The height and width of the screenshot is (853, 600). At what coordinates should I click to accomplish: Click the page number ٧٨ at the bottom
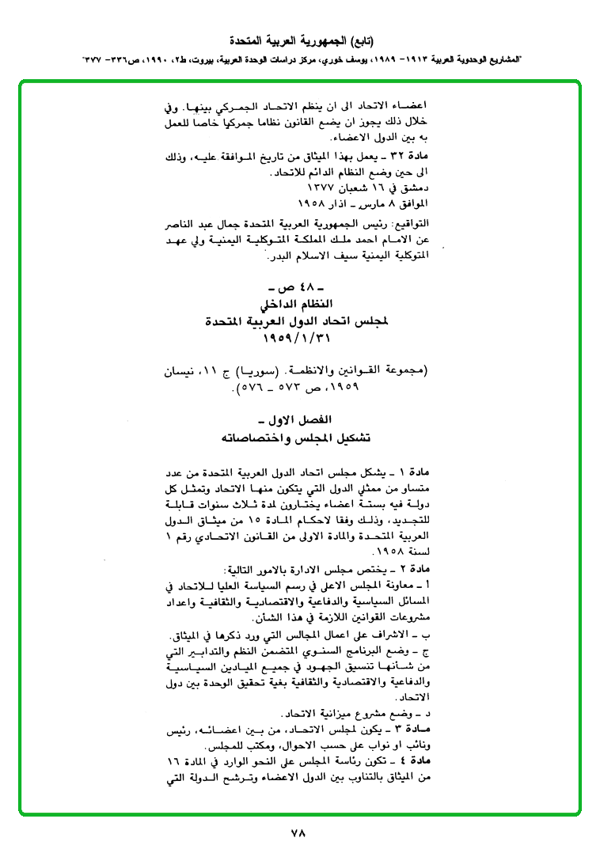(298, 832)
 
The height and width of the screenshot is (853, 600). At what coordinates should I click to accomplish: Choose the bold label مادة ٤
(416, 783)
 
